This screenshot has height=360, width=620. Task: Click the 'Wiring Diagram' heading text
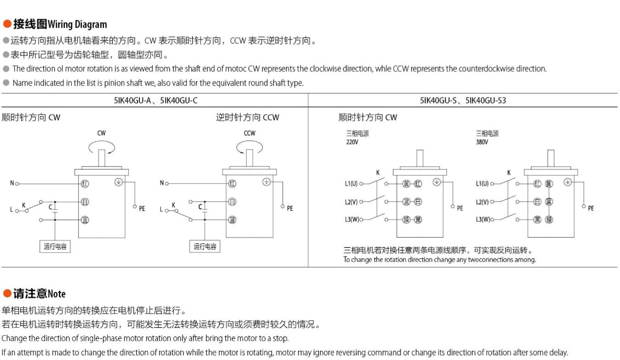point(77,24)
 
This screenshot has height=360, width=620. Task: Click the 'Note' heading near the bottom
point(57,294)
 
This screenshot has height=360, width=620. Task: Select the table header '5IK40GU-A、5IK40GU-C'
point(155,100)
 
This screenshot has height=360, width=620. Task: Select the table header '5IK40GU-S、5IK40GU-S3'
point(463,100)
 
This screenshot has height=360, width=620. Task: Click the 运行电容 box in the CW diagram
point(55,246)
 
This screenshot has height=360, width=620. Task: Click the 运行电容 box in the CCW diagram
point(205,246)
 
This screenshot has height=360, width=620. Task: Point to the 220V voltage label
point(352,142)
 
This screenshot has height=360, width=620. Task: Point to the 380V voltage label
point(482,142)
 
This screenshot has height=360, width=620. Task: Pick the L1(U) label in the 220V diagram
point(351,184)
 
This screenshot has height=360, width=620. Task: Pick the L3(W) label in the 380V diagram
point(482,220)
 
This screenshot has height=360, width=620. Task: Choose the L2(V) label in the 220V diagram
point(351,202)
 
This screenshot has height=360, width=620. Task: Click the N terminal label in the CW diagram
point(12,183)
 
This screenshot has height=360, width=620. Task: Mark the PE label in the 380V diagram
point(591,208)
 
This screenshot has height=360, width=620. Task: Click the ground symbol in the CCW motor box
point(266,182)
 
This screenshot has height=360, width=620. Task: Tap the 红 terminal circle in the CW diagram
point(85,184)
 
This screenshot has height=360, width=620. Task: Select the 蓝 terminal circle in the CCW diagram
point(232,220)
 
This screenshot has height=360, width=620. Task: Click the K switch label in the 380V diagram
point(509,173)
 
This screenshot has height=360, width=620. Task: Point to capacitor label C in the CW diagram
point(51,207)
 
